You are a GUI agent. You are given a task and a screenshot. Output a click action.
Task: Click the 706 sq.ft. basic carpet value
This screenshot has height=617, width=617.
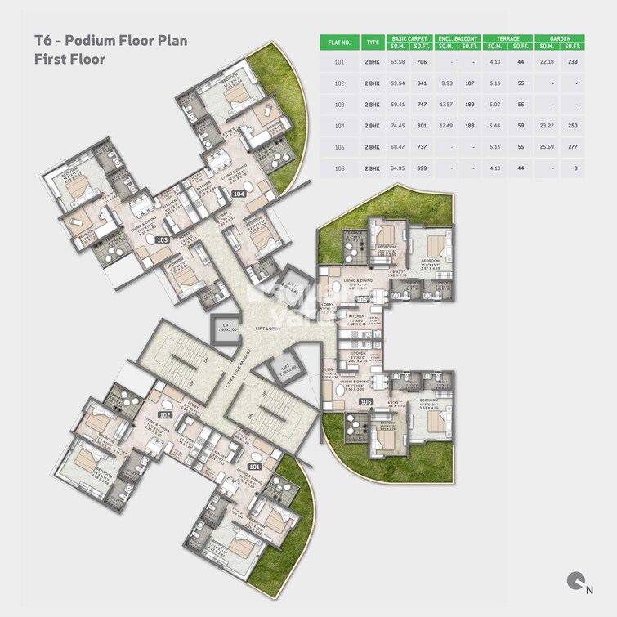[423, 62]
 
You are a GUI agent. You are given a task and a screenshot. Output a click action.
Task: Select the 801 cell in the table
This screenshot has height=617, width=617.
[423, 125]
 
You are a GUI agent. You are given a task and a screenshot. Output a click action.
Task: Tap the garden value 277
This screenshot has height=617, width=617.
[573, 146]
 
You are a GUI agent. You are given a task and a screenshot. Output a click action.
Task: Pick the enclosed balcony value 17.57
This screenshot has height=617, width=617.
[446, 105]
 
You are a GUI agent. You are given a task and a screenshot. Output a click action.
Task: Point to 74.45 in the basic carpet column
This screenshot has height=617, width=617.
[398, 125]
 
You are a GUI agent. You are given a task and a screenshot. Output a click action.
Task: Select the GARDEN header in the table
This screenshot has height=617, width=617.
[561, 38]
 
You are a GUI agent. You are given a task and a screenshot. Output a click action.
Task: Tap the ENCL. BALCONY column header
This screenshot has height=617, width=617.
[458, 38]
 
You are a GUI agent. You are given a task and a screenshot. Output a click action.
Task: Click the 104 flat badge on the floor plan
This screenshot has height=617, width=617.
[239, 194]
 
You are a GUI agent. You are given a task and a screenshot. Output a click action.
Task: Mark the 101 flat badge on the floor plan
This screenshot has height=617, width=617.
[255, 466]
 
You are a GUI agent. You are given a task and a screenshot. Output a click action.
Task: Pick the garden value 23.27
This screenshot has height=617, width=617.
[548, 125]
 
